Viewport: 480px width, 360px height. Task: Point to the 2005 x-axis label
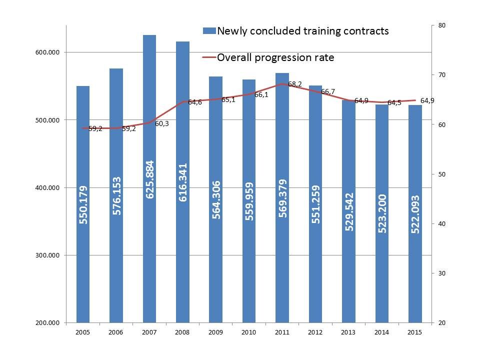click(83, 331)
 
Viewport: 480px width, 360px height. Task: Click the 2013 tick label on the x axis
click(348, 331)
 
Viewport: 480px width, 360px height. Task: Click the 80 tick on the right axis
click(441, 25)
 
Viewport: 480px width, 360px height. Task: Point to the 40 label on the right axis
click(441, 224)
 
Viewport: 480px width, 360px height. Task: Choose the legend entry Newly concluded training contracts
click(302, 31)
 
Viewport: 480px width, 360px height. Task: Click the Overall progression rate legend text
click(275, 57)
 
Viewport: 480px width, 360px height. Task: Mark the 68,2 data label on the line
click(294, 84)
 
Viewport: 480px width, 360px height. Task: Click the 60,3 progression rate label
click(162, 123)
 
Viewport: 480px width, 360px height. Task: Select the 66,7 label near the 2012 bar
click(328, 91)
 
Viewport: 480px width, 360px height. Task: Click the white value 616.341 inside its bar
click(182, 182)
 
